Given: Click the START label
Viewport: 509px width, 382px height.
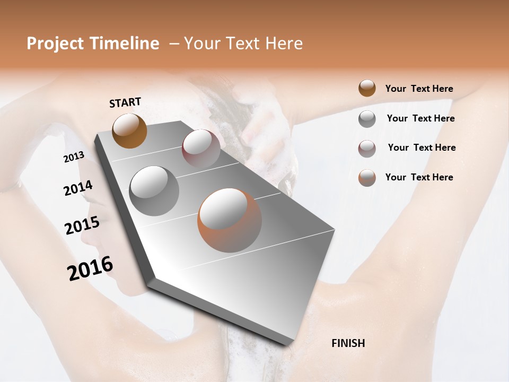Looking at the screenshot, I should click(x=125, y=102).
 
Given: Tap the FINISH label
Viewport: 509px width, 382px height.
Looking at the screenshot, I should click(x=348, y=343).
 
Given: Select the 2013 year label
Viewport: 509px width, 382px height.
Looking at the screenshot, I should click(x=74, y=157).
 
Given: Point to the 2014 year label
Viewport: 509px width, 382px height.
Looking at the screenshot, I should click(x=78, y=188).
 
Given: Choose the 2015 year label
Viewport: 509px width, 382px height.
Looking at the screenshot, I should click(x=82, y=225).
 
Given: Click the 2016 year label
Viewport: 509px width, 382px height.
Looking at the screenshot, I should click(x=90, y=268).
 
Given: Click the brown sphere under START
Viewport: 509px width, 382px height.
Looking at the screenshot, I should click(x=129, y=131).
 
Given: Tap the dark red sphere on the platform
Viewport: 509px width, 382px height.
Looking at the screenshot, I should click(x=201, y=148).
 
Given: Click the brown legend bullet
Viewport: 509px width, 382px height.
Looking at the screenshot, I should click(x=367, y=89).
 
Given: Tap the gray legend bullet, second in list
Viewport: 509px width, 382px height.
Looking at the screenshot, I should click(x=367, y=119).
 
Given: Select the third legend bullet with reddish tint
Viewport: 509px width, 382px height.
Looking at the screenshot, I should click(x=367, y=149).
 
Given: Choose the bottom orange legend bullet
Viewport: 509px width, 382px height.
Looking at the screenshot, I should click(x=367, y=178).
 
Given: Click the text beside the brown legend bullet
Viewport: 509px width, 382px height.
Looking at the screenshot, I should click(x=419, y=89).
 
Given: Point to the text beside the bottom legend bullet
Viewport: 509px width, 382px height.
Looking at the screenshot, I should click(x=419, y=177).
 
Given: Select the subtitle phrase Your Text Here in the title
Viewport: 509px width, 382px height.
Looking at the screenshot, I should click(x=243, y=44).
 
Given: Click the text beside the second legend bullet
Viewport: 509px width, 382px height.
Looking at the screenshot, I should click(x=420, y=118).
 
